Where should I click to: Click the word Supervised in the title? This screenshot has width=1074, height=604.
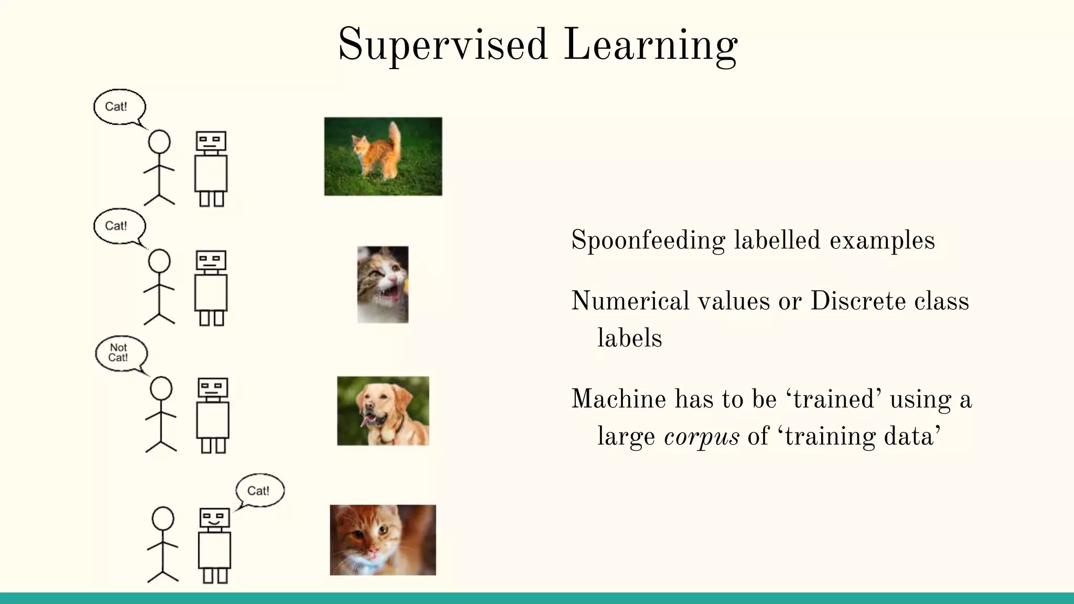[443, 45]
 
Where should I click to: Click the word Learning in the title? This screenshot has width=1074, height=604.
[650, 45]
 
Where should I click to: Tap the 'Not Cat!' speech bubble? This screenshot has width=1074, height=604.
[120, 353]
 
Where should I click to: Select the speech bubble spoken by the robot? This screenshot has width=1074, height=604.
[259, 491]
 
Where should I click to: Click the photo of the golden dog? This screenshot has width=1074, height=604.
[383, 411]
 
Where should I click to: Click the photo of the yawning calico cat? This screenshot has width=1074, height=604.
[383, 284]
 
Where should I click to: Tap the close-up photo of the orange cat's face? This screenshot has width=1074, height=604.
[383, 540]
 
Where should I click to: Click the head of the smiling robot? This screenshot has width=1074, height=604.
[215, 518]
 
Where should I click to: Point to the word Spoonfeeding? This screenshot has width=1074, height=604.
[648, 241]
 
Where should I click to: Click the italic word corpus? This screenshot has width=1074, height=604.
[701, 437]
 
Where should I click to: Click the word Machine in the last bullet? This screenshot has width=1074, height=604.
[618, 399]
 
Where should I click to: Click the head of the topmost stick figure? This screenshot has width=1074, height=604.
[159, 142]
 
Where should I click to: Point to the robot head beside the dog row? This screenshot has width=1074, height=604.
[213, 388]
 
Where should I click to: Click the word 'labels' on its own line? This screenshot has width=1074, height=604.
[629, 338]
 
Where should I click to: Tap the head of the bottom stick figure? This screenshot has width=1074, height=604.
[163, 518]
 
